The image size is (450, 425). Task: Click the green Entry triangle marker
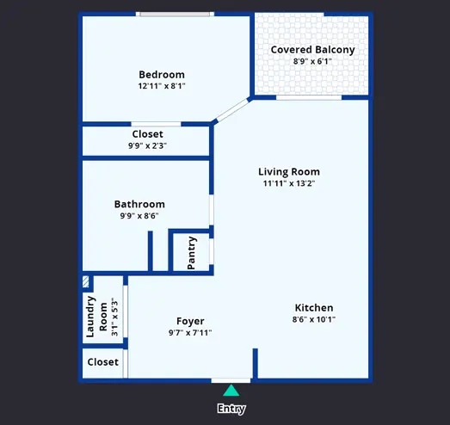(231, 391)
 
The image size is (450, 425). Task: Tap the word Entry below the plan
(231, 409)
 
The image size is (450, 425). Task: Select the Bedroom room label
(162, 75)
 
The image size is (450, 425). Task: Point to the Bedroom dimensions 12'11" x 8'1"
(162, 86)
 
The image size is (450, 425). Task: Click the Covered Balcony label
(312, 50)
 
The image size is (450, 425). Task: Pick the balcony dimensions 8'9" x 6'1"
(312, 61)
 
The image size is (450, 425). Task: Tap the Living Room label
(289, 172)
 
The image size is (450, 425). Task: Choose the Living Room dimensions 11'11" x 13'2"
(289, 183)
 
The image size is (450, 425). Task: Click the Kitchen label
(314, 308)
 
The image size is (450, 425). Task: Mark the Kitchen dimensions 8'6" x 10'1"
(314, 319)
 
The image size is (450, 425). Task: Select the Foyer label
(190, 322)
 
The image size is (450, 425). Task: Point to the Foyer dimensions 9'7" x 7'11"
(190, 333)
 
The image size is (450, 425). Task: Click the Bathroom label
(139, 204)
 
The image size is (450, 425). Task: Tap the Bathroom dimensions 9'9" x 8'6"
(139, 216)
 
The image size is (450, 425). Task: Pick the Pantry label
(191, 253)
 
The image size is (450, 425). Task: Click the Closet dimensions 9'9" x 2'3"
(147, 145)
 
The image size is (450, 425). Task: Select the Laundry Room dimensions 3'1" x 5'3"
(114, 317)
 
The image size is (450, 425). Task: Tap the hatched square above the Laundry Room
(86, 282)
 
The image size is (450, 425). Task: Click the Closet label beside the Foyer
(102, 362)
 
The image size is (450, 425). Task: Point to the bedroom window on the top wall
(175, 14)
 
